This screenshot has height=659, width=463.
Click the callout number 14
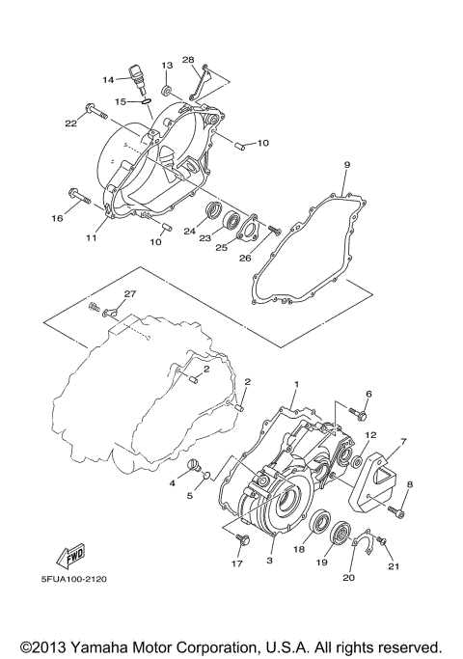109,80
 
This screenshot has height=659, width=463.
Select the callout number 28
188,60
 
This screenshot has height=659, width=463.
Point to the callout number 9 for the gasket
319,166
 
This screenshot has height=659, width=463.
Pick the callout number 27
130,293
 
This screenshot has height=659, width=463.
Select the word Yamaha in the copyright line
100,645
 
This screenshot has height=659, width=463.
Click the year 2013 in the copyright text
45,645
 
